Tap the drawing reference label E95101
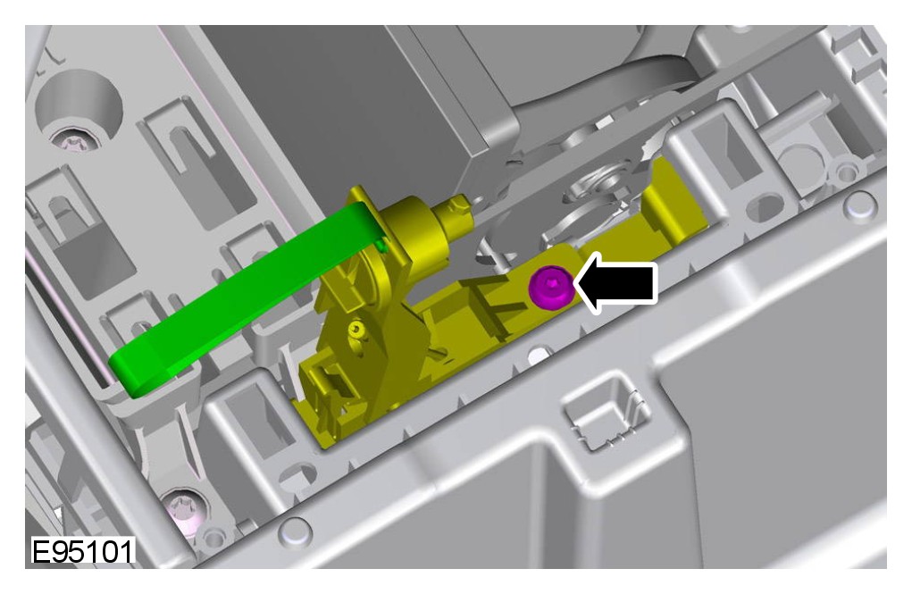[x=82, y=551]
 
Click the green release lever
[x=244, y=299]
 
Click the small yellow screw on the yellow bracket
[x=357, y=330]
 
